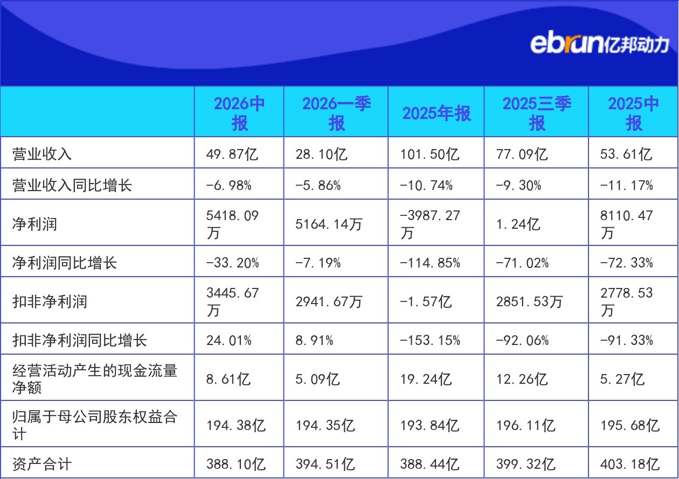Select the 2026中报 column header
point(239,113)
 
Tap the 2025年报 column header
point(436,114)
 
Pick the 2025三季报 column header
point(537,113)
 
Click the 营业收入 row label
point(42,154)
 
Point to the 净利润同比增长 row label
point(65,263)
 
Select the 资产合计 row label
point(42,464)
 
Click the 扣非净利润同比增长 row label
point(80,340)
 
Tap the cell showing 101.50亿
point(429,154)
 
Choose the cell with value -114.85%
point(430,263)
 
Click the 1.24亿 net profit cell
point(518,224)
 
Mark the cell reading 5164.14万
point(329,224)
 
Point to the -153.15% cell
point(430,340)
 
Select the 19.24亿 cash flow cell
point(426,379)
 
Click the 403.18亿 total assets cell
point(630,464)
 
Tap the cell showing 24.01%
point(229,340)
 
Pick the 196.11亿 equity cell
point(526,425)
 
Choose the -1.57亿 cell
point(426,302)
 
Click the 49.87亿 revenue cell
point(232,154)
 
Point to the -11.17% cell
point(627,185)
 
